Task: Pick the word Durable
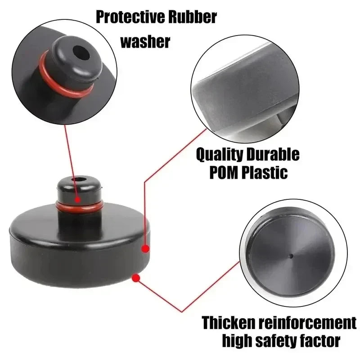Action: [272, 155]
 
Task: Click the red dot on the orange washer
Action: [78, 199]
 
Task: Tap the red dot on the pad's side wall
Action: [145, 248]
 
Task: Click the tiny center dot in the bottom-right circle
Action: [291, 256]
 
